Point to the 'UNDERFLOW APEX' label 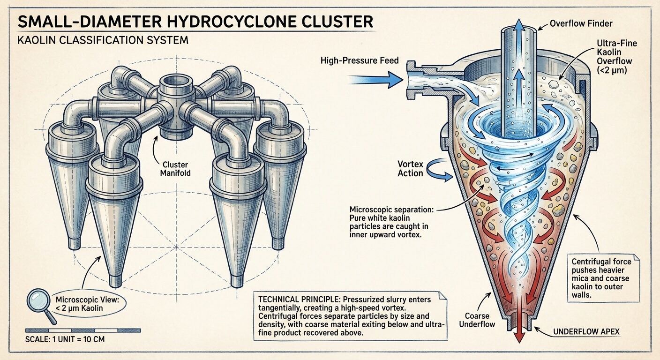coord(586,332)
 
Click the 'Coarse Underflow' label coord(480,320)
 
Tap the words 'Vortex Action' coord(411,169)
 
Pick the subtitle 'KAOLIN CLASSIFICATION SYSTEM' coord(103,40)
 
